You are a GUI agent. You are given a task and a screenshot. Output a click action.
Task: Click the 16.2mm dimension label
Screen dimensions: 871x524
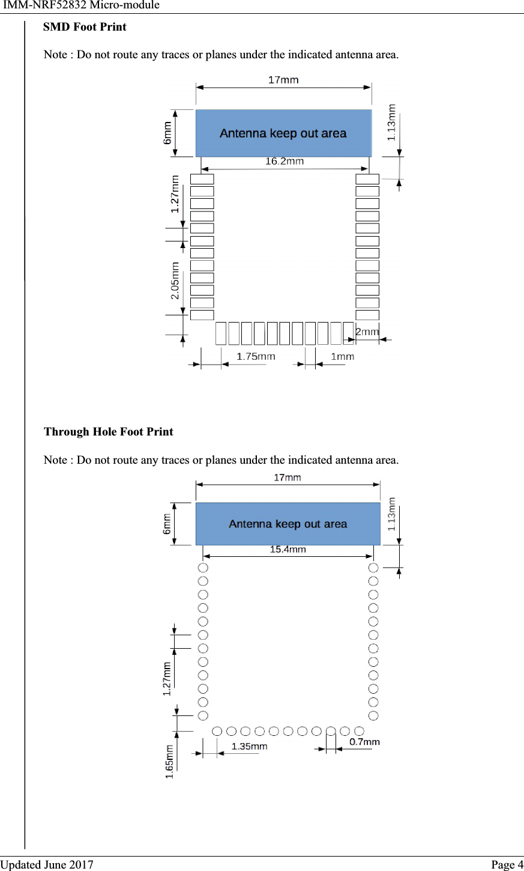click(285, 161)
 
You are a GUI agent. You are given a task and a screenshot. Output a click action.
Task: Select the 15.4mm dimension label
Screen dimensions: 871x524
click(288, 549)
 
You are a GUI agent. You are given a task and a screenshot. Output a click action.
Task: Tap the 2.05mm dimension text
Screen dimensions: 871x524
click(175, 281)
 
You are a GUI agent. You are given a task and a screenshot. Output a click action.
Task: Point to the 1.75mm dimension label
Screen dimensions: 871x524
click(256, 356)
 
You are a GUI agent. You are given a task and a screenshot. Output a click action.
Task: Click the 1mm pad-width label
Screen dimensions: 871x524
click(343, 356)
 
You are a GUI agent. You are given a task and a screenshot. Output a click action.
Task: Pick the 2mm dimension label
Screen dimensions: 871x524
click(367, 332)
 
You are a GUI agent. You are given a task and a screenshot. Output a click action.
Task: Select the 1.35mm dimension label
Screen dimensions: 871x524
click(250, 746)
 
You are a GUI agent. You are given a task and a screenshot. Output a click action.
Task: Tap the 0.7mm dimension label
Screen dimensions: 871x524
click(365, 742)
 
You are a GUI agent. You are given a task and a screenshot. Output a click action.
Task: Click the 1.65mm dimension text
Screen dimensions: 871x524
click(169, 762)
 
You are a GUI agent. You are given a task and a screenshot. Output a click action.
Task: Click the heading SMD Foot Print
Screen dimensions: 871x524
click(85, 27)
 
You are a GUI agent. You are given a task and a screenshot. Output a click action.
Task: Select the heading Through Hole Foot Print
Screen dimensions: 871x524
click(108, 432)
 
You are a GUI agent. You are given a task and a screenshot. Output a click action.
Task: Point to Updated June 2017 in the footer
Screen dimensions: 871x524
click(47, 864)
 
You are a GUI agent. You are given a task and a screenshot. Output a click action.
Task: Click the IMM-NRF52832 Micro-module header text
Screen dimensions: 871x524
click(82, 5)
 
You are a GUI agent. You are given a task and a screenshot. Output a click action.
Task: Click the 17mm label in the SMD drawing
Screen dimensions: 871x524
click(283, 80)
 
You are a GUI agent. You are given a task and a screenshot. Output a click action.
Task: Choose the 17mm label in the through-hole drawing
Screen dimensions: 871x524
click(288, 478)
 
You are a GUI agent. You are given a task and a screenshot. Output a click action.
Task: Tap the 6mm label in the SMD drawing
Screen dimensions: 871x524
click(167, 133)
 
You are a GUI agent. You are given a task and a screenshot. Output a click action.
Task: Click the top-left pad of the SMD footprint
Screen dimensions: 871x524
click(202, 179)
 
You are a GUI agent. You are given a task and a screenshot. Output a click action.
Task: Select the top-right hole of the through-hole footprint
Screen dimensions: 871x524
click(373, 568)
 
